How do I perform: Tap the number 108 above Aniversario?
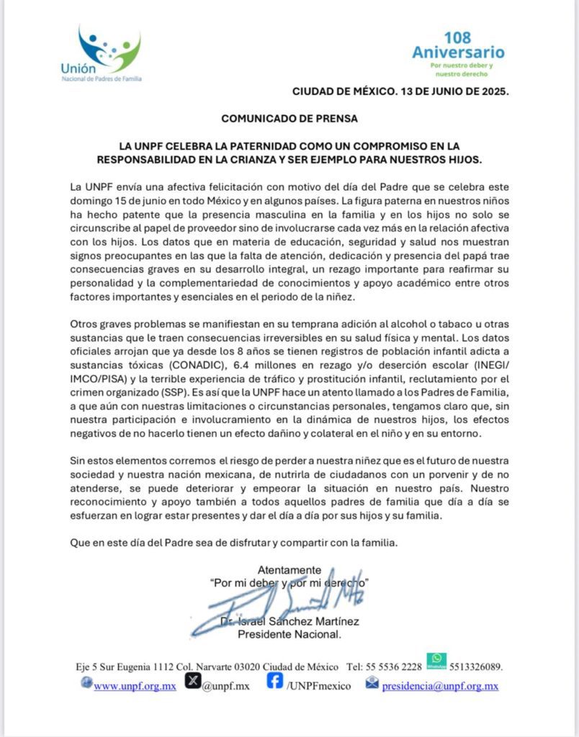tap(458, 37)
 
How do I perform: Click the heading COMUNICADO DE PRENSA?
tap(289, 117)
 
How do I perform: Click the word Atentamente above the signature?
tap(289, 569)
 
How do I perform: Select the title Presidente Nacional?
tap(289, 634)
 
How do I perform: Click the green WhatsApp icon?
tap(436, 661)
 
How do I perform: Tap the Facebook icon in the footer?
tap(274, 681)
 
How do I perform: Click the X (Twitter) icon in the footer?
tap(192, 682)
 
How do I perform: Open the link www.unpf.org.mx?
tap(135, 686)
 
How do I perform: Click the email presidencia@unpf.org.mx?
tap(440, 686)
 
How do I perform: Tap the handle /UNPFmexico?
tap(319, 686)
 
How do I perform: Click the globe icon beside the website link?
tap(87, 683)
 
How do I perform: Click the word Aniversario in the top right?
tap(458, 53)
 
